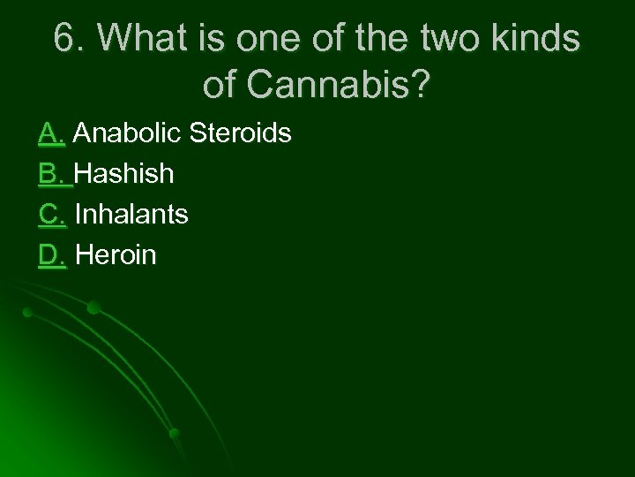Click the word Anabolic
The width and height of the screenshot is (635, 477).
coord(127,133)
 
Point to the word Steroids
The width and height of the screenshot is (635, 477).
coord(239,133)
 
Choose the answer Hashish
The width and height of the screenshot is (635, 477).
coord(124,174)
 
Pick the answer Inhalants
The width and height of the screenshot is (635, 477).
coord(131,215)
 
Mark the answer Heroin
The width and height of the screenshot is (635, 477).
coord(116,255)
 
